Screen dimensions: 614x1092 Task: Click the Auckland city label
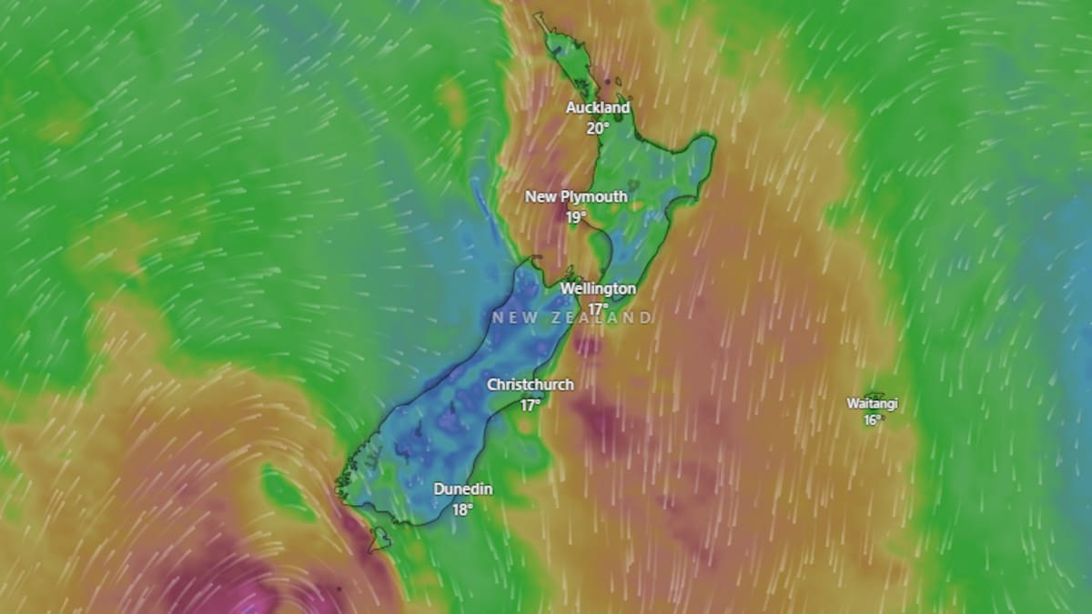coord(598,108)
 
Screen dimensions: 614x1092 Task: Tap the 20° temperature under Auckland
coord(598,128)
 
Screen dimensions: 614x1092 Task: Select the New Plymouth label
coord(575,197)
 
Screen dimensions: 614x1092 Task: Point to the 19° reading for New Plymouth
coord(575,217)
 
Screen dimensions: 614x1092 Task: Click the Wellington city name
coord(598,288)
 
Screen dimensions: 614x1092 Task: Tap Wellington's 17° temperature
coord(598,308)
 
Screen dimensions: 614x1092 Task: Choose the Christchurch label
coord(530,385)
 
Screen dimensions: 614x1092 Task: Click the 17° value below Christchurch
coord(530,405)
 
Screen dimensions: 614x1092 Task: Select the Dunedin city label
coord(462,489)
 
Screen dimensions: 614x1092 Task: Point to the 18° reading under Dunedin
coord(462,509)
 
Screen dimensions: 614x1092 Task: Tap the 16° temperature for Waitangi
coord(873,420)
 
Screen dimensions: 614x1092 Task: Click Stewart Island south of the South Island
coord(379,539)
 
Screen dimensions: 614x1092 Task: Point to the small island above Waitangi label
coord(874,395)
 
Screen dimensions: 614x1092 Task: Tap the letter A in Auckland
coord(571,108)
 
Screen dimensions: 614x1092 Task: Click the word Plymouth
coord(594,197)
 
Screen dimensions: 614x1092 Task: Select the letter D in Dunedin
coord(439,489)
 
